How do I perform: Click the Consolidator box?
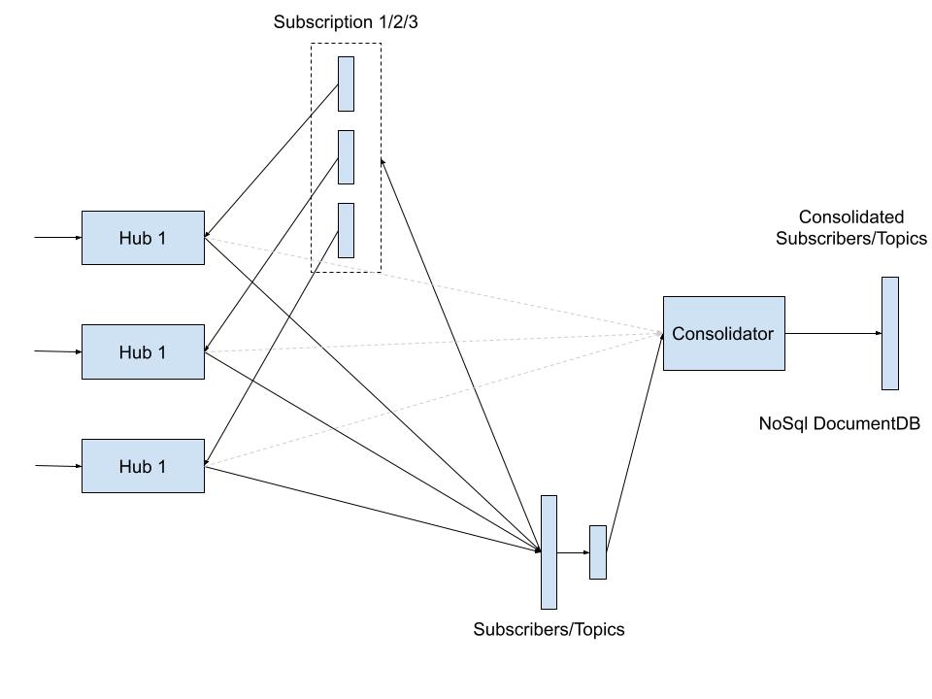[x=723, y=333]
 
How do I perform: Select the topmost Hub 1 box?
[x=143, y=238]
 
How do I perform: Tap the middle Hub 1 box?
[x=143, y=351]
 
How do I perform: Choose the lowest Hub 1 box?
[x=143, y=466]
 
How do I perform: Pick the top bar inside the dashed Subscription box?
[x=346, y=83]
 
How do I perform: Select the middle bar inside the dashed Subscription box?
[x=346, y=157]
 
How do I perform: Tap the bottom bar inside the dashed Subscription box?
[x=346, y=230]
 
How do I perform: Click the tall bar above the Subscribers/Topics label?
[x=549, y=551]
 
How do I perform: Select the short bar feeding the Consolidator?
[x=598, y=552]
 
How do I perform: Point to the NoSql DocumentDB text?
[x=839, y=423]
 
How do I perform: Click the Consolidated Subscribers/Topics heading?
[x=850, y=227]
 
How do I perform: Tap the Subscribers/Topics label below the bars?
[x=549, y=629]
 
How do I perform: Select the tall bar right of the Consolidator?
[x=889, y=333]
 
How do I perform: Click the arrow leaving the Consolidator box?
[x=833, y=333]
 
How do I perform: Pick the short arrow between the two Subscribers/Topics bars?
[x=573, y=552]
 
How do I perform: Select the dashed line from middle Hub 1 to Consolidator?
[x=432, y=343]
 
